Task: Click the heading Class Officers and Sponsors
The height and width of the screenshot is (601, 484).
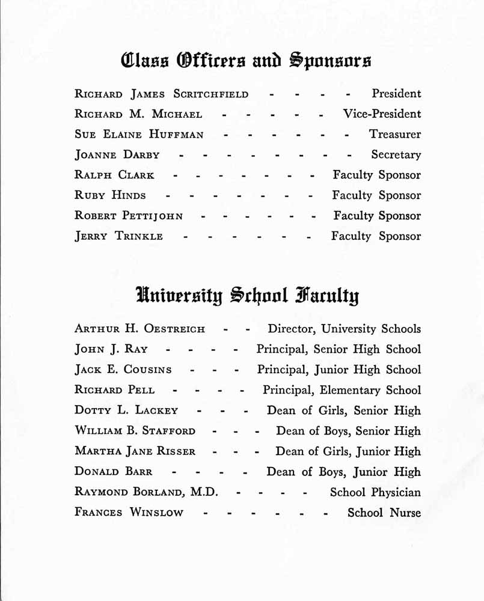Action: click(246, 61)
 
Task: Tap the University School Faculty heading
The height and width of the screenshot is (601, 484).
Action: click(247, 296)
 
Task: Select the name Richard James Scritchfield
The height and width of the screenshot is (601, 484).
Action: click(161, 94)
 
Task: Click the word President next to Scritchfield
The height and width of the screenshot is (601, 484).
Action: click(396, 94)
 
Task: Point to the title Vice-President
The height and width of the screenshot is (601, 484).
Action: click(382, 114)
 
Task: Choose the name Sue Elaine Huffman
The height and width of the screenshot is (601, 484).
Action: click(139, 135)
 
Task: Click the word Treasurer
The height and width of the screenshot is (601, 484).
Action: click(395, 135)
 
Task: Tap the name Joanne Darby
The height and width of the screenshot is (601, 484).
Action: click(117, 155)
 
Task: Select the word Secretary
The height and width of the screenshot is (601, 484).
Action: click(396, 155)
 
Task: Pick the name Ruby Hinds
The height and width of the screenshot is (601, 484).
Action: click(110, 195)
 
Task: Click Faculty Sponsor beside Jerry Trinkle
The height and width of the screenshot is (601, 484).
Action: click(376, 236)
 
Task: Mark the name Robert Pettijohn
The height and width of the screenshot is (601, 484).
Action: click(129, 216)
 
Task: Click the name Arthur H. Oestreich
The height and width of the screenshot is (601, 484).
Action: click(139, 329)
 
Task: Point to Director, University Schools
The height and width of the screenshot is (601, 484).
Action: click(345, 329)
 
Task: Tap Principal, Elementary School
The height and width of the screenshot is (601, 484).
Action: click(342, 391)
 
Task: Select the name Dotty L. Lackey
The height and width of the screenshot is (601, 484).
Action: click(126, 411)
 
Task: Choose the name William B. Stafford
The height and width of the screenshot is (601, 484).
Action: click(135, 432)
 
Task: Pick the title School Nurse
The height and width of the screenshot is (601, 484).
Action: click(384, 513)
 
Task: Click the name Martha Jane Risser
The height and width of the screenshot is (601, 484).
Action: click(135, 452)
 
